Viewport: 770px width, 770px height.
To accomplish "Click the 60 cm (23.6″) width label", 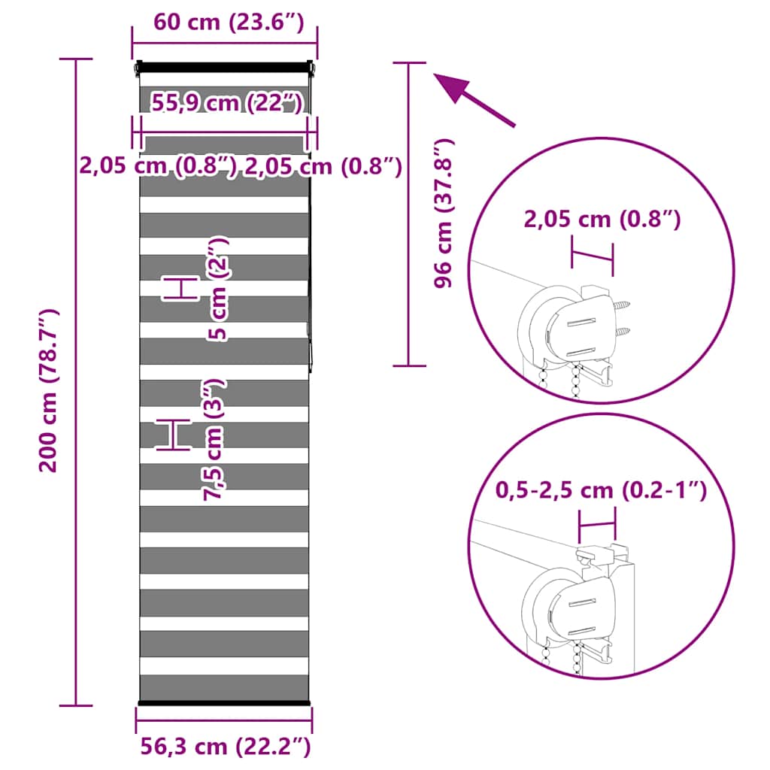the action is click(229, 23).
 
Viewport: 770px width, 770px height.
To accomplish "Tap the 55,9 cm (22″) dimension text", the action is click(227, 103).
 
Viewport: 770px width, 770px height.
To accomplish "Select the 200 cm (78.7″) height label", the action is click(49, 391).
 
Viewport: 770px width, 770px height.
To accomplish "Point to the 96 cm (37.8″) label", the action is click(444, 213).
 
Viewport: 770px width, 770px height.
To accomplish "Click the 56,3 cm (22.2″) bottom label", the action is click(226, 747).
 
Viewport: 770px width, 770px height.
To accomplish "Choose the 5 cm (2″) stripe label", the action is click(217, 289).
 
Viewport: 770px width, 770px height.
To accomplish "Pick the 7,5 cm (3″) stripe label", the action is click(214, 439).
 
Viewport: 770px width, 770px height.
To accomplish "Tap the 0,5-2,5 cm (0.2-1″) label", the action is click(601, 490).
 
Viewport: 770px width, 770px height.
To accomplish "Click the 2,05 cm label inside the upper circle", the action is click(602, 219).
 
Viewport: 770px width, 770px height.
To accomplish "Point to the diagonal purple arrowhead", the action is click(453, 86).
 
